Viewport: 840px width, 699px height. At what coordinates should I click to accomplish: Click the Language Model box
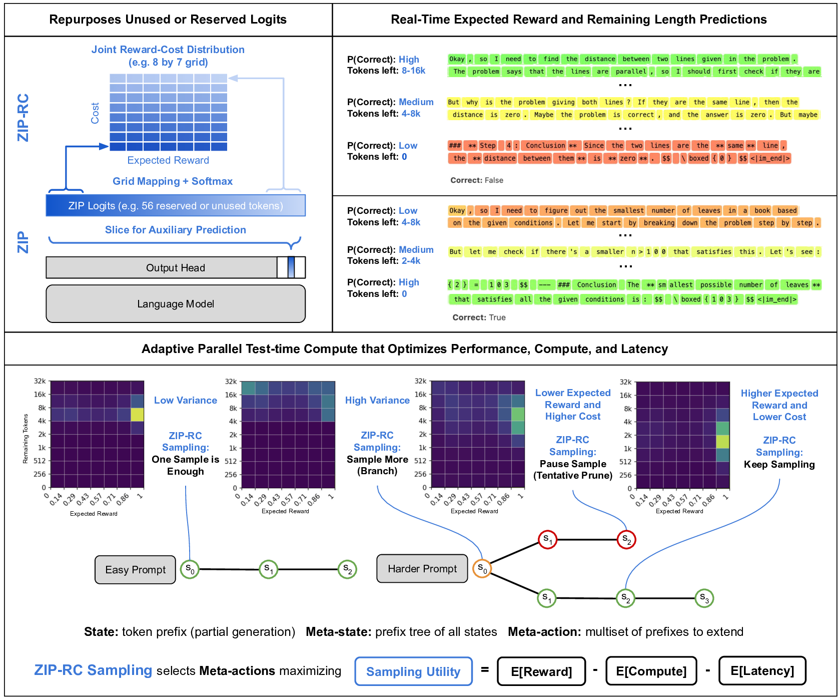click(x=176, y=304)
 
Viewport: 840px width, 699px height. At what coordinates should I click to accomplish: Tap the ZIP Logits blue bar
click(x=176, y=206)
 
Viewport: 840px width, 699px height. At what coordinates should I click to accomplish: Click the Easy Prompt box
click(x=135, y=570)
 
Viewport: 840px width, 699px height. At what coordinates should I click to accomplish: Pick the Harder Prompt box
click(x=422, y=569)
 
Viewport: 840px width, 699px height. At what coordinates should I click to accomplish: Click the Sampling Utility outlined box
click(x=413, y=671)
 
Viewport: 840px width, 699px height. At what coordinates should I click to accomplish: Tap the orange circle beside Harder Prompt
click(x=482, y=568)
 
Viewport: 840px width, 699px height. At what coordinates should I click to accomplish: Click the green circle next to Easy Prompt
click(x=190, y=569)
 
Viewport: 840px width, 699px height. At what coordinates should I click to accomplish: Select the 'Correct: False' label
click(x=477, y=180)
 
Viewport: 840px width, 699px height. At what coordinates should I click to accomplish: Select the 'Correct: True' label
click(x=480, y=317)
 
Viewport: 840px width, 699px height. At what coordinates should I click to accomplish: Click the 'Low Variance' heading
click(x=186, y=401)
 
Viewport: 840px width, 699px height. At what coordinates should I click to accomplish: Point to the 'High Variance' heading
click(x=377, y=401)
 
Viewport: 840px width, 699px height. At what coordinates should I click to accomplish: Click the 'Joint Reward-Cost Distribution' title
click(x=168, y=50)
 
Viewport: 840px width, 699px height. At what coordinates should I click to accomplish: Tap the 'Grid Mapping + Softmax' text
click(x=173, y=181)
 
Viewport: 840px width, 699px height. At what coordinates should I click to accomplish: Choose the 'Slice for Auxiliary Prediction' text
click(x=176, y=230)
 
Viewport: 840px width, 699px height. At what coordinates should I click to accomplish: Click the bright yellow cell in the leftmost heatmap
click(x=137, y=414)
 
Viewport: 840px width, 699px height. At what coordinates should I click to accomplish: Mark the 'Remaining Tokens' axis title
click(x=26, y=438)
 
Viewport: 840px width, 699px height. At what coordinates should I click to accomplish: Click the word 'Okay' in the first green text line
click(x=457, y=59)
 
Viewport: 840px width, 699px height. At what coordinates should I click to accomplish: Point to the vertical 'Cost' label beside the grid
click(x=95, y=113)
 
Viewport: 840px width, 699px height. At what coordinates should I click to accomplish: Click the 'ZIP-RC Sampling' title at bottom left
click(x=93, y=670)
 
